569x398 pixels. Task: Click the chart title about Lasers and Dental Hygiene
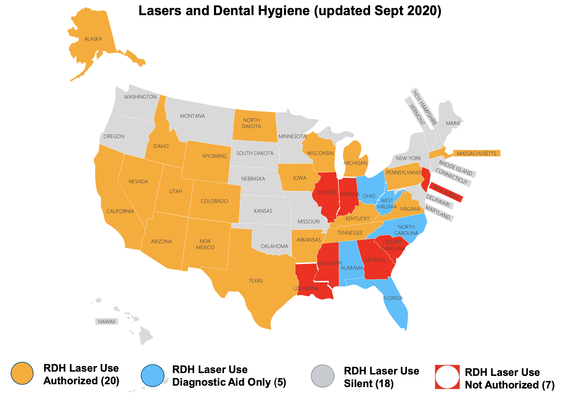click(290, 11)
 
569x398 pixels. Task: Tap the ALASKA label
click(93, 39)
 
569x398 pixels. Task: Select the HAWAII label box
click(106, 321)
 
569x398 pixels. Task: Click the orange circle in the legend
click(22, 373)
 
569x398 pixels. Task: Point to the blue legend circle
click(152, 375)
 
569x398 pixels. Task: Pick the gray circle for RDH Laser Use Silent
click(323, 376)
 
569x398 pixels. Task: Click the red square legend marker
click(447, 377)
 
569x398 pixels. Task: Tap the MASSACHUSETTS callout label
click(476, 153)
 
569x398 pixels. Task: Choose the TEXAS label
click(256, 281)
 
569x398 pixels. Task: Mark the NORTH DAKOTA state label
click(251, 123)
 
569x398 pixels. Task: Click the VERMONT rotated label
click(417, 114)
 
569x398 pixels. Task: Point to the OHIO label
click(369, 196)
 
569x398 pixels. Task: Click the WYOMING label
click(214, 156)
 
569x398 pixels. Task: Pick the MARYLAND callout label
click(438, 212)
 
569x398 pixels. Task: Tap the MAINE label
click(453, 123)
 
